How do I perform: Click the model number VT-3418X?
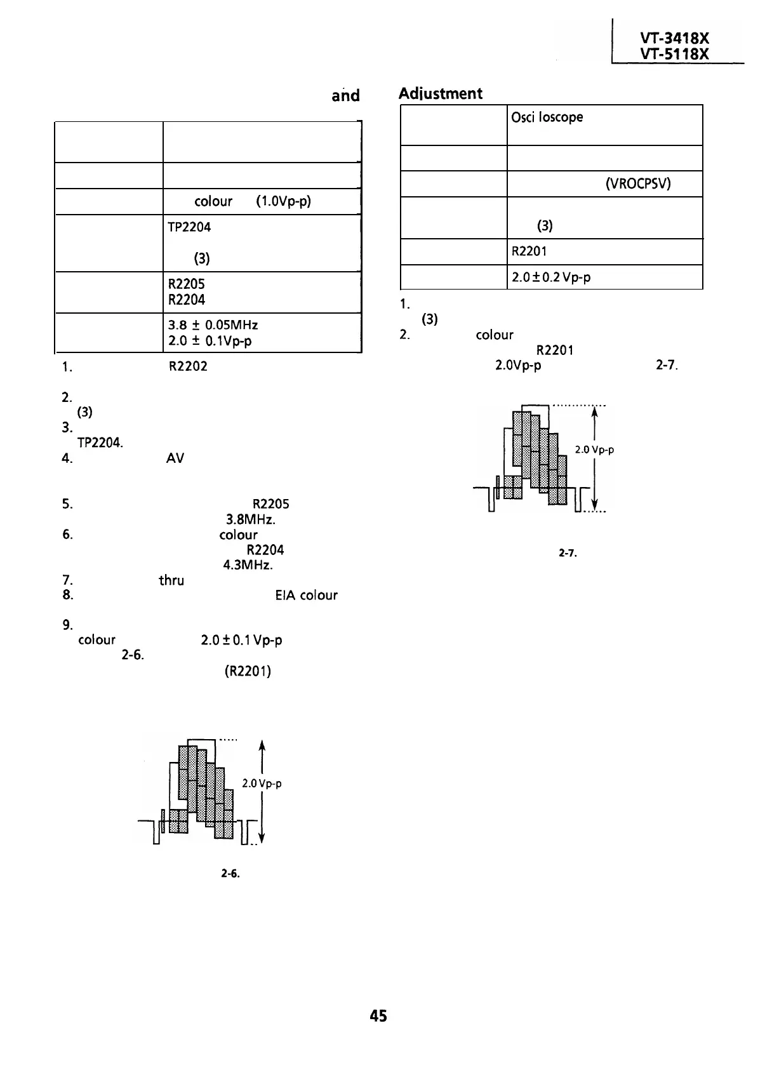point(674,39)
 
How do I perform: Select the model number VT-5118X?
point(674,55)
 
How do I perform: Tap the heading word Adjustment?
point(441,93)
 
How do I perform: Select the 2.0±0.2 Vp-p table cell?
point(551,277)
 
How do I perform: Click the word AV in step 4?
point(175,458)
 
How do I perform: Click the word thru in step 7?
point(171,580)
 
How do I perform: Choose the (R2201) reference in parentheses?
point(248,671)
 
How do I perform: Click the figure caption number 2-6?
point(229,874)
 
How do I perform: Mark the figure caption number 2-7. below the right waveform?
point(567,553)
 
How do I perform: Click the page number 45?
point(378,1015)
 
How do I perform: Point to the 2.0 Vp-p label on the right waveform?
point(594,450)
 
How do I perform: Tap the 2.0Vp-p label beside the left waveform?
point(262,784)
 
